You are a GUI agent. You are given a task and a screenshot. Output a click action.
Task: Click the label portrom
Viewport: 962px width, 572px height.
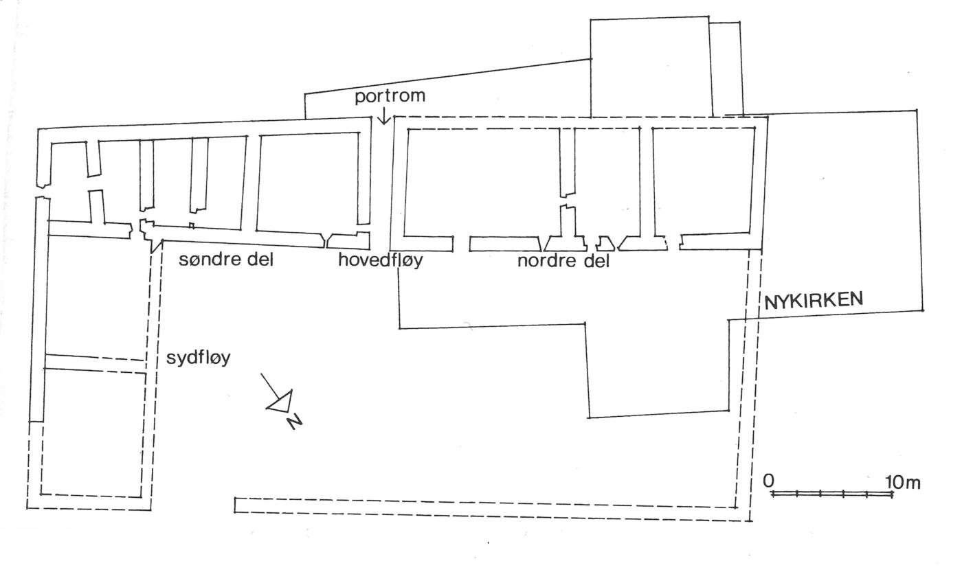tap(390, 96)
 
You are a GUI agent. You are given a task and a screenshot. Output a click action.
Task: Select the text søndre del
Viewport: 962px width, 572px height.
tap(226, 260)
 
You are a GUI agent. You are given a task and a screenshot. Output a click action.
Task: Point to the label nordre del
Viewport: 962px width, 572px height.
tap(563, 261)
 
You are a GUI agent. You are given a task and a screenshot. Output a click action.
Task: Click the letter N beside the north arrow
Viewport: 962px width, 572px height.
tap(296, 420)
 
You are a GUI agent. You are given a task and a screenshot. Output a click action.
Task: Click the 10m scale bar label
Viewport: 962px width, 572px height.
tap(902, 482)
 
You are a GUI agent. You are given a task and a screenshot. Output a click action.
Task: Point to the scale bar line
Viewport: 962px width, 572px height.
tap(832, 494)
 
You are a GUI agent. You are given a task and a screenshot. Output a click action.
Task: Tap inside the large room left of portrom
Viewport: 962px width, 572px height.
tap(309, 182)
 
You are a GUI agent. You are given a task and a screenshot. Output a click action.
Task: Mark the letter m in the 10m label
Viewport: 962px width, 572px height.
tap(912, 483)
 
